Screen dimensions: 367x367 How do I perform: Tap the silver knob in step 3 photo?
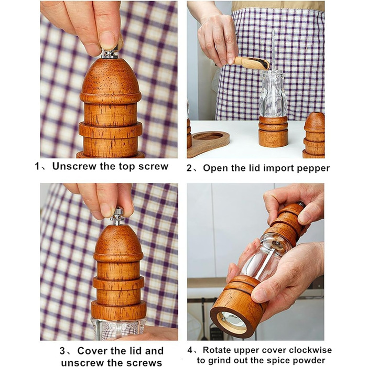117,216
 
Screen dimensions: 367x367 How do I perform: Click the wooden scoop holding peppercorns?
252,63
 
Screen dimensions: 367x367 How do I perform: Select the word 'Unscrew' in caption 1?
74,166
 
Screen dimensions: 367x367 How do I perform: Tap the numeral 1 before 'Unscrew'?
37,166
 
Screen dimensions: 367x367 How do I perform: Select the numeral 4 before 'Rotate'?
190,350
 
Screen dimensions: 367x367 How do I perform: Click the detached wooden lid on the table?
314,135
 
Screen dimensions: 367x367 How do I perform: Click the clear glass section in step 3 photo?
118,328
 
